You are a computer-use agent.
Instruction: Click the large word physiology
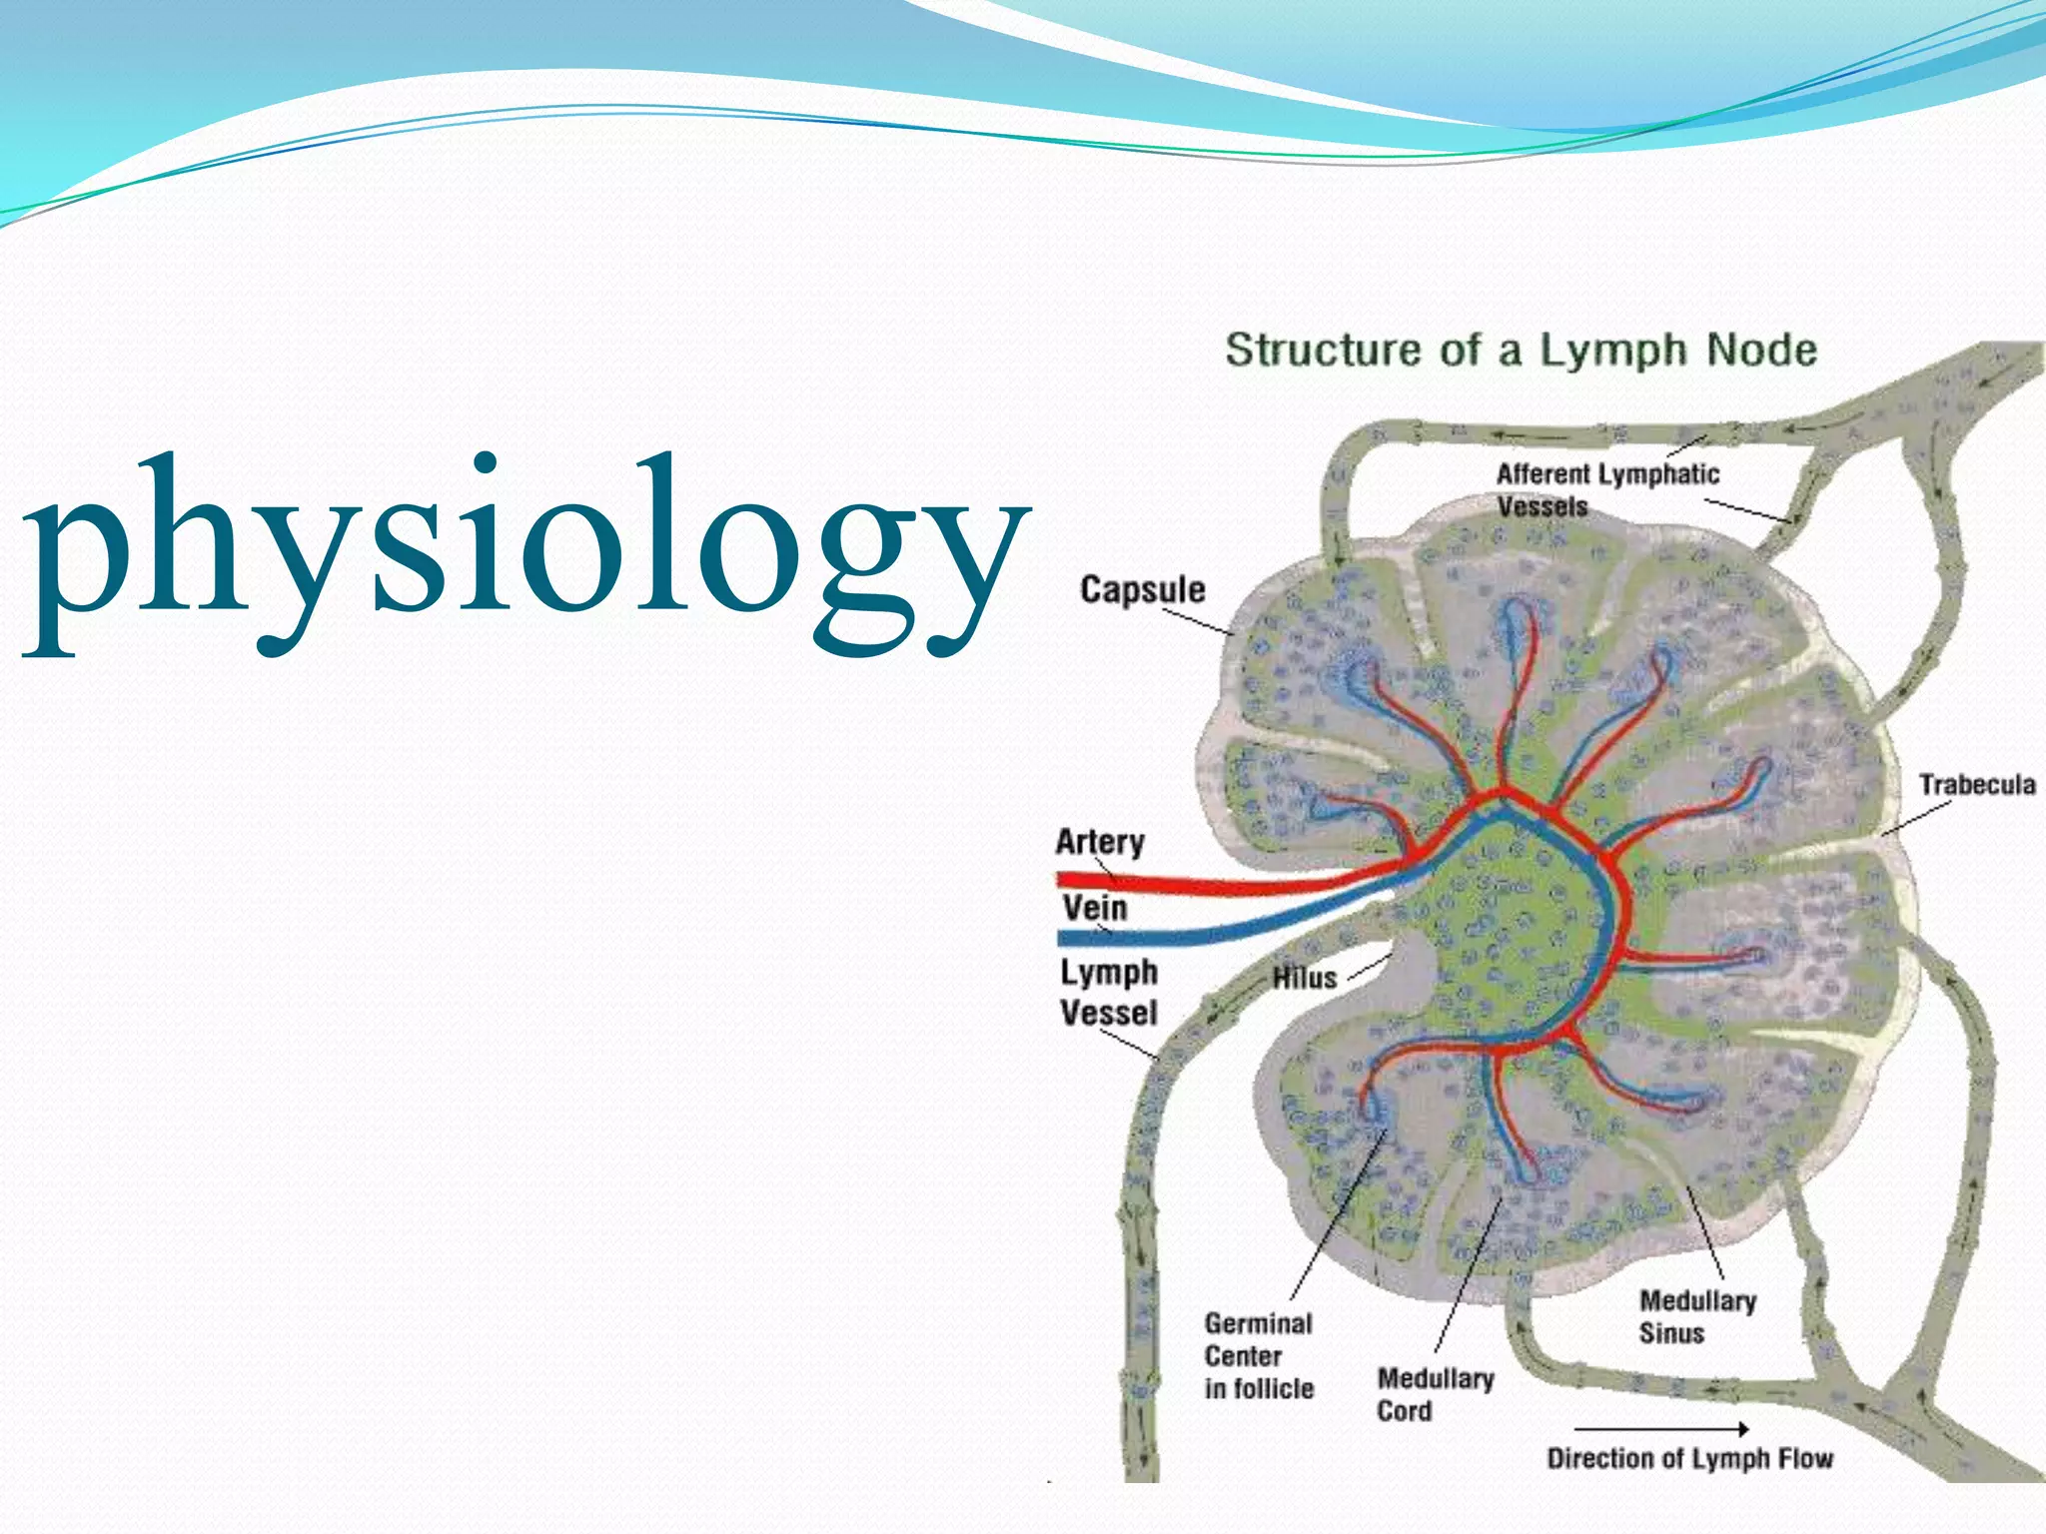point(524,544)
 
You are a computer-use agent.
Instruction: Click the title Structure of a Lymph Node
point(1521,351)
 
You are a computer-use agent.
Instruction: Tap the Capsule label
point(1142,589)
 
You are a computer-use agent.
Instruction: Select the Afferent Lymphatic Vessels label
point(1606,489)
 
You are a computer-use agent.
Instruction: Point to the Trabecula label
point(1976,785)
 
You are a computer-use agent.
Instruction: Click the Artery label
point(1100,842)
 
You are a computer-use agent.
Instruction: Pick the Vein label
point(1095,908)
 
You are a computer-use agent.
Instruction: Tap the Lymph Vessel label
point(1109,993)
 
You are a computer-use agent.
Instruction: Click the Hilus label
point(1304,978)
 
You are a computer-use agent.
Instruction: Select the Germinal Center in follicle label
point(1258,1355)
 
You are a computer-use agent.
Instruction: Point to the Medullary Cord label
point(1435,1394)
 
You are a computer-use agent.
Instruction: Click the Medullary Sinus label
point(1696,1316)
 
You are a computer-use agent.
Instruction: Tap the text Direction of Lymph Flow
point(1689,1458)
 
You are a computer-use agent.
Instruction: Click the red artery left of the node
point(1199,884)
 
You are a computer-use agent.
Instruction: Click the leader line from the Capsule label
point(1198,621)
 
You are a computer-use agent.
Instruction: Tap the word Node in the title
point(1761,351)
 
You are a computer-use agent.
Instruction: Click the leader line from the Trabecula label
point(1915,818)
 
